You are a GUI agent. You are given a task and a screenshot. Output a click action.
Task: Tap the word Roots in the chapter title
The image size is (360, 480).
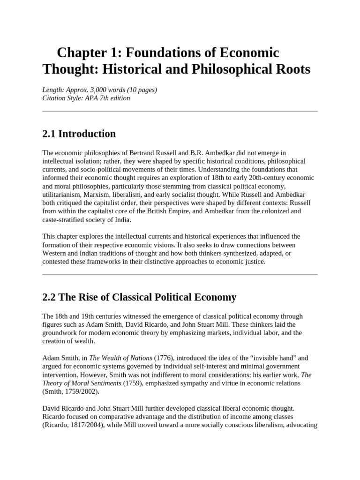[290, 69]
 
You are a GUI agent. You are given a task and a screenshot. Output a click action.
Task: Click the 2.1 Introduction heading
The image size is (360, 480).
[79, 134]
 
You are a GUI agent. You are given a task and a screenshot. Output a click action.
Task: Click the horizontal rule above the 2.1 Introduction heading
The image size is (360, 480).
[180, 112]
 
